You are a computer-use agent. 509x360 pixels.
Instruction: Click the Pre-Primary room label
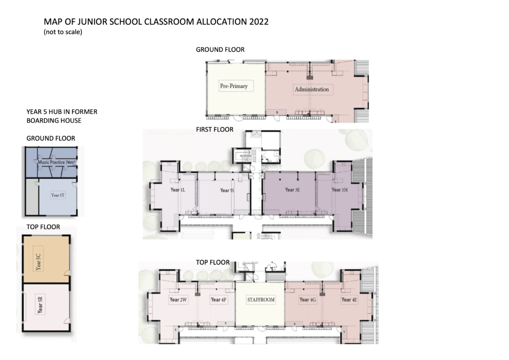[234, 86]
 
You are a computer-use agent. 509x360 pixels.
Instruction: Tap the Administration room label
[312, 90]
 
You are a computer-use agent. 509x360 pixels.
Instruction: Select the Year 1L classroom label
[177, 190]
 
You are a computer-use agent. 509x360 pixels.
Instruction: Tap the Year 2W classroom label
[177, 300]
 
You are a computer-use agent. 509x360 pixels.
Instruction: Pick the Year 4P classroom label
[218, 300]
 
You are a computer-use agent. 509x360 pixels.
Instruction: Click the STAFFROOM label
[261, 300]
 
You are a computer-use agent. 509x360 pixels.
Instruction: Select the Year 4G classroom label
[308, 300]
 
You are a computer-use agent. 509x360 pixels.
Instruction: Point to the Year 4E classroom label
[349, 300]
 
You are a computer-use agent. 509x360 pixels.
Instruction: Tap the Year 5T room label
[58, 195]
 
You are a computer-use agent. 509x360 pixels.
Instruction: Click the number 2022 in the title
[257, 22]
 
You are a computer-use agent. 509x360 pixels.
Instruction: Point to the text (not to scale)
[63, 32]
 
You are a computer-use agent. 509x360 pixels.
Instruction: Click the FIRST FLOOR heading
[214, 130]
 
